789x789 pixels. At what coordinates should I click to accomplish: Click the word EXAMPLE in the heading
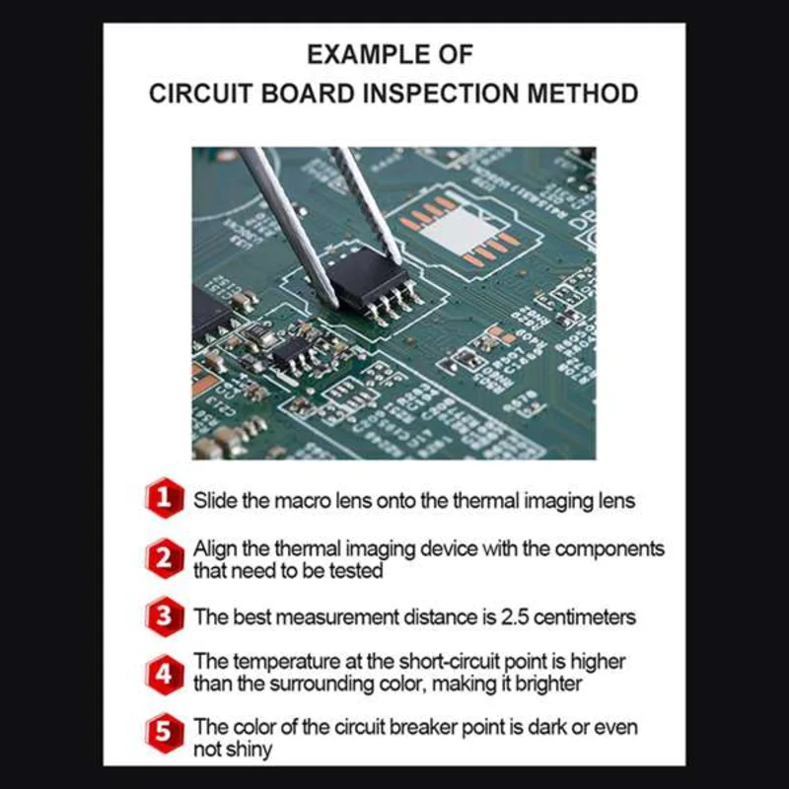pyautogui.click(x=354, y=53)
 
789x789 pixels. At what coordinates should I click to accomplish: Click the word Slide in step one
pyautogui.click(x=214, y=500)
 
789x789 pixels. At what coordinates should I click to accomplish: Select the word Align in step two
pyautogui.click(x=214, y=549)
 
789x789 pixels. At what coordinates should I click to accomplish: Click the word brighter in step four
pyautogui.click(x=545, y=683)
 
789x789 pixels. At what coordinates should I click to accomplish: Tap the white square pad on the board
pyautogui.click(x=460, y=233)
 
